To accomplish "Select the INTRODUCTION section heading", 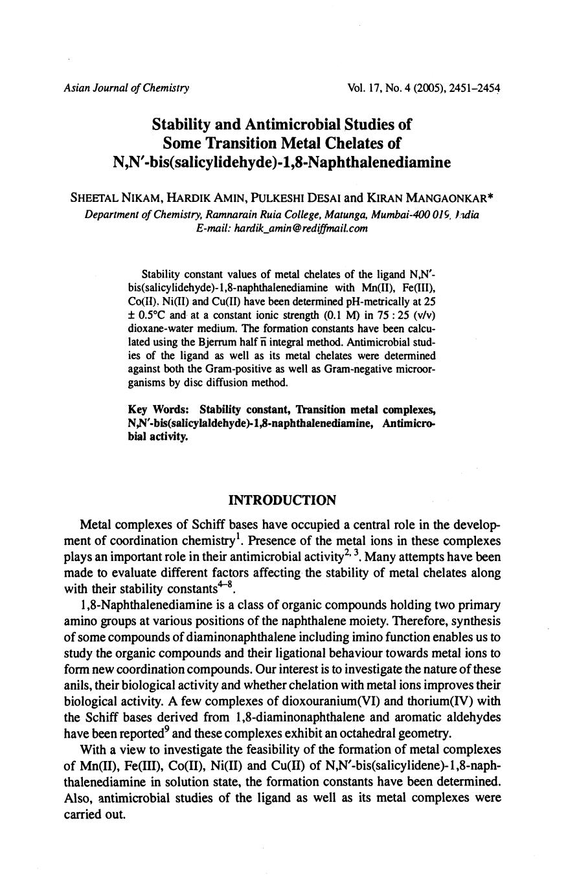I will coord(282,500).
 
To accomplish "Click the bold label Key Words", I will coord(159,410).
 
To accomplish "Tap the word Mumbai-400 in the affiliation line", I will coord(406,214).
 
